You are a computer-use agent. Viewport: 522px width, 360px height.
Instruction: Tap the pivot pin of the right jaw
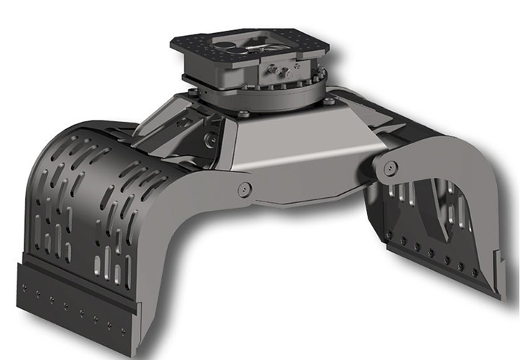(x=390, y=168)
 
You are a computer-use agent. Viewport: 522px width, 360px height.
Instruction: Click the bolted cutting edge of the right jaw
(x=445, y=265)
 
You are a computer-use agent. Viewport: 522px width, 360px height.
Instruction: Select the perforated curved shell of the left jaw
(x=79, y=194)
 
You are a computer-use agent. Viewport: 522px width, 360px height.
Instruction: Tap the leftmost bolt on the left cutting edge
(x=24, y=290)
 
